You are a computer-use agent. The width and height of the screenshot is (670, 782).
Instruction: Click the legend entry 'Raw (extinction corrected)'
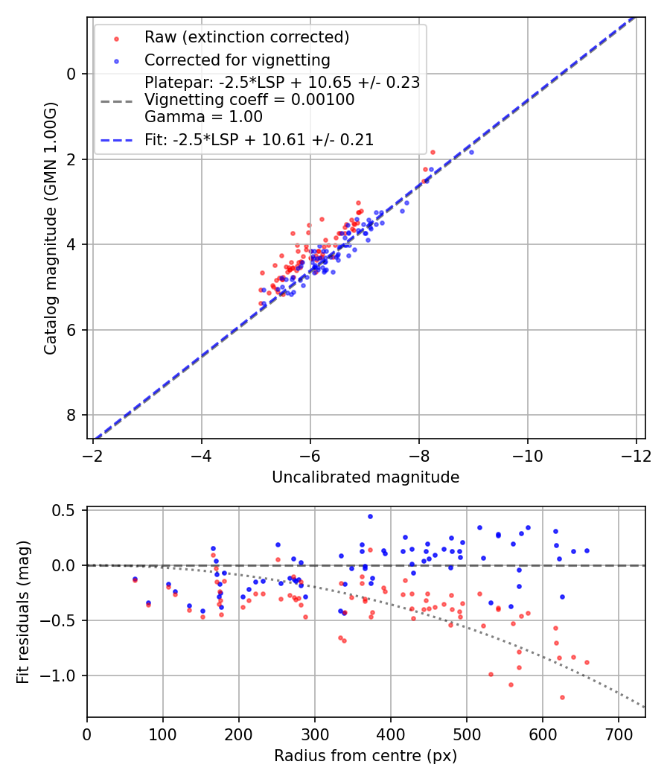point(246,37)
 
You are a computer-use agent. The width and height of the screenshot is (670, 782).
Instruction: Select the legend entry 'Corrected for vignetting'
point(237,60)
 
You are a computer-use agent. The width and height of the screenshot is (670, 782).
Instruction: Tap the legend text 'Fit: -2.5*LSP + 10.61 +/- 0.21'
point(258,139)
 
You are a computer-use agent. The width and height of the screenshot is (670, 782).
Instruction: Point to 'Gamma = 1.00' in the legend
point(203,116)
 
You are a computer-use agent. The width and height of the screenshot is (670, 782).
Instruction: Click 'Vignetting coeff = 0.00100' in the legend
point(249,99)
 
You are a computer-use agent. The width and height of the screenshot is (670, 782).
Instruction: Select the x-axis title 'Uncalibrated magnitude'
point(366,477)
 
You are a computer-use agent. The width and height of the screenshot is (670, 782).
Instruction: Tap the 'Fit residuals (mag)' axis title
point(23,612)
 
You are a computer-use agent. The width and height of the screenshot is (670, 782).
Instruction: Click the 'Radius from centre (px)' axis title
point(366,756)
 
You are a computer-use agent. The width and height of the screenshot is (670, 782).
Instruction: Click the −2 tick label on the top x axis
point(93,454)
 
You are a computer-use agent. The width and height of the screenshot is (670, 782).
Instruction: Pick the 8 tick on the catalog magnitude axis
point(71,415)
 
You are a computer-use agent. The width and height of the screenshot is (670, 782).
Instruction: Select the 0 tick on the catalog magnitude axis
point(71,74)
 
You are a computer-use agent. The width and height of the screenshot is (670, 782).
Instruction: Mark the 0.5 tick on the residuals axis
point(67,510)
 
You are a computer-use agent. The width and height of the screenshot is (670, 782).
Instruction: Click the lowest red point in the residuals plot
point(562,697)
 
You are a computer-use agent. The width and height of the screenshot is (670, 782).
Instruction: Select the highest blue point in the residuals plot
point(370,516)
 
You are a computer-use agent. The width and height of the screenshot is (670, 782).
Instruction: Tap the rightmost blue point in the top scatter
point(471,152)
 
